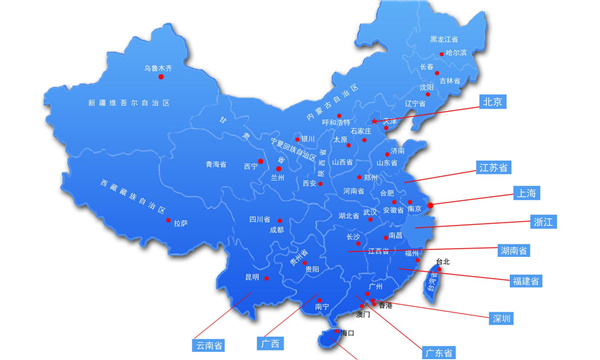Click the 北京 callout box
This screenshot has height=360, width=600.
(491, 101)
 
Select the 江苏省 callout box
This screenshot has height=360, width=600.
(494, 167)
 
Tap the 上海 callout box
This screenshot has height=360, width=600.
(525, 192)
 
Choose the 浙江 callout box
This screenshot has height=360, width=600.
(543, 221)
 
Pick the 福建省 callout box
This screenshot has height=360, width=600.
(525, 281)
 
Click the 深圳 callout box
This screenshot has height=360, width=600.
(501, 318)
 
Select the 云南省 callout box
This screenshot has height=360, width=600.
(209, 345)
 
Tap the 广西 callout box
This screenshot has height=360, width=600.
(269, 344)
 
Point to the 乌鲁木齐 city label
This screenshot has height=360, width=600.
(158, 68)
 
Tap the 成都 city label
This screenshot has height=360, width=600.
(276, 230)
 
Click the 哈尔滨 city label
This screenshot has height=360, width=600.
(455, 52)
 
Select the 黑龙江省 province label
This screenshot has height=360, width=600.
(450, 39)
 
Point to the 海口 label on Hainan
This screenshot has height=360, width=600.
(348, 332)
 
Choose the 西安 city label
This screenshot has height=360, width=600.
(311, 183)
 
